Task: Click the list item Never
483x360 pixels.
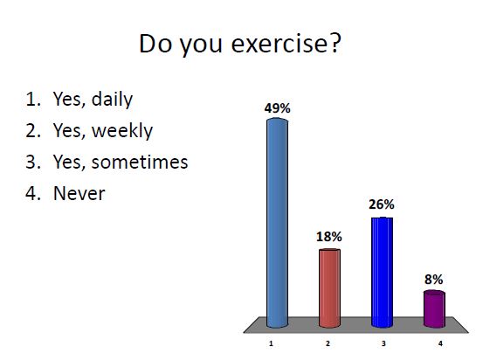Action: click(78, 193)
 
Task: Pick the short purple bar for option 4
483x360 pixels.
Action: click(434, 308)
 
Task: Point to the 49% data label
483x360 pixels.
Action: click(277, 108)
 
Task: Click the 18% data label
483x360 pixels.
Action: click(329, 237)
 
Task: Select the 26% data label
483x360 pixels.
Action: click(382, 204)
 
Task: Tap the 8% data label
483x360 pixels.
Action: click(434, 279)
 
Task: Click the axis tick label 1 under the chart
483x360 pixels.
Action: click(272, 344)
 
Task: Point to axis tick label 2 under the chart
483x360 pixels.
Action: click(328, 344)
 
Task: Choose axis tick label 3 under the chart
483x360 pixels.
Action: click(383, 344)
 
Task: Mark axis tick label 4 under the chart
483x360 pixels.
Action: click(439, 344)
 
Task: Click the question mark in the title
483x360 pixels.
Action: click(332, 44)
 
